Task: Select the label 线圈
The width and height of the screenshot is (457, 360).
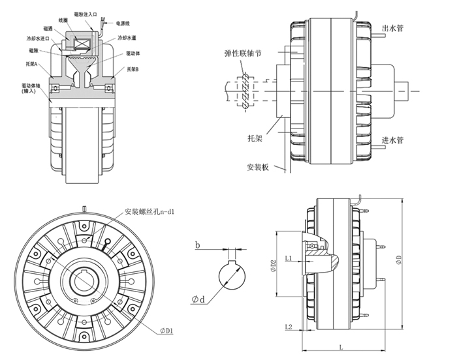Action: [63, 20]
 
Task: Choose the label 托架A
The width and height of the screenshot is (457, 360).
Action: [32, 64]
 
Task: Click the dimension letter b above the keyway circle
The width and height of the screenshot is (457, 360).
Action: [197, 247]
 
